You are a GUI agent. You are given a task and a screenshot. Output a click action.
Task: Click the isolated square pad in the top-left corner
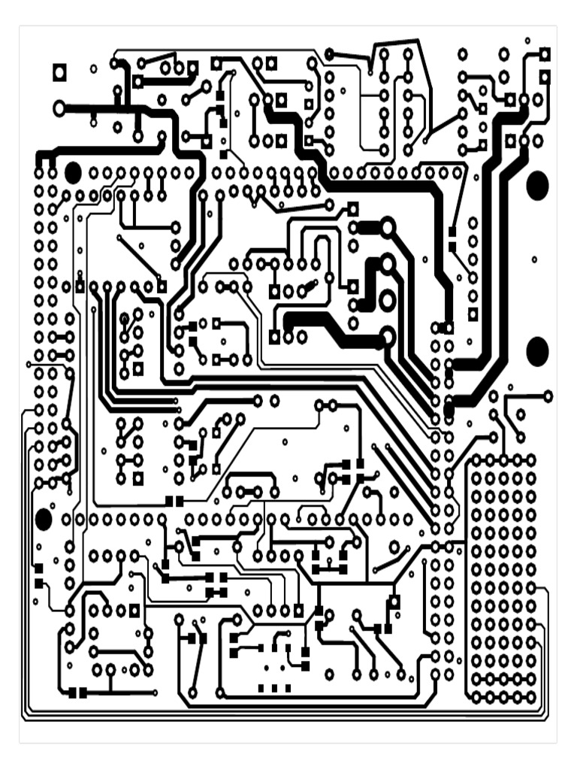click(x=59, y=72)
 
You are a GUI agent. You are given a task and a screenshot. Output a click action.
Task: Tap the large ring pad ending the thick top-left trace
click(x=59, y=109)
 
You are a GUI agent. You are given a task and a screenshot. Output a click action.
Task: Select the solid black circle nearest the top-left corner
click(x=72, y=173)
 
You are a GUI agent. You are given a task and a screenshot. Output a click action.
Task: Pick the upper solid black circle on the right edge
click(x=537, y=186)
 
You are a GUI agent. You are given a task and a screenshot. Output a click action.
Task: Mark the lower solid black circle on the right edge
click(x=537, y=351)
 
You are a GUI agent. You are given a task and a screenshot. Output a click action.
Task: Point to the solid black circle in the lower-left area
click(x=43, y=519)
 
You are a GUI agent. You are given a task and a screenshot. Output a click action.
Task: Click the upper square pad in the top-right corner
click(x=545, y=54)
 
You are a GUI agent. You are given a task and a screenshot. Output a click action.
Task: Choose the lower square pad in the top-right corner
click(x=545, y=77)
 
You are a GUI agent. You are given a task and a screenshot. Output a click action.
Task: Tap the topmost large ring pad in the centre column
click(x=387, y=227)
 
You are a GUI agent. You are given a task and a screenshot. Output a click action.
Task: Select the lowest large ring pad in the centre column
click(x=387, y=337)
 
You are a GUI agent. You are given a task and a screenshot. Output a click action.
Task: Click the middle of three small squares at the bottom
click(x=274, y=688)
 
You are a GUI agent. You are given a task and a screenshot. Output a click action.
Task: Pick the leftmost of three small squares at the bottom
click(x=261, y=688)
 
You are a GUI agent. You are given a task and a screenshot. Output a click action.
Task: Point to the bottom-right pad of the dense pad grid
click(x=530, y=698)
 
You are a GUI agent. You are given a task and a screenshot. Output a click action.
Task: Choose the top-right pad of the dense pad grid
click(x=530, y=459)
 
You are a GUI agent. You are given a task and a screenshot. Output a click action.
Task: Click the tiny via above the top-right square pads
click(x=527, y=41)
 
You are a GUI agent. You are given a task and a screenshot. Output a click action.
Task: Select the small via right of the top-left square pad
click(x=93, y=69)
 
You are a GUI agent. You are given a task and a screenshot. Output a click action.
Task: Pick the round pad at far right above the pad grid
click(x=548, y=396)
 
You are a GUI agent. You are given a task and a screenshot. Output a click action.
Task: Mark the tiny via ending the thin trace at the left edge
click(x=29, y=365)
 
